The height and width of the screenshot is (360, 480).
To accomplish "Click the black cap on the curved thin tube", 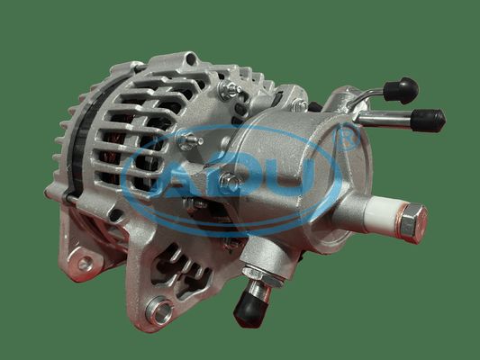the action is point(401,89).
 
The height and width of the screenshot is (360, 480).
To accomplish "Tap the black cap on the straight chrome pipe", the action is point(428,121).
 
